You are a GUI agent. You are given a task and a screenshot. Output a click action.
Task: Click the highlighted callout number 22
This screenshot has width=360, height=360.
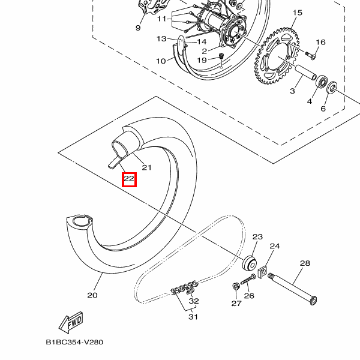coord(129,179)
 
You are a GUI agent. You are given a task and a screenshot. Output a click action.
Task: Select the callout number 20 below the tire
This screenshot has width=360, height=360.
coord(92,295)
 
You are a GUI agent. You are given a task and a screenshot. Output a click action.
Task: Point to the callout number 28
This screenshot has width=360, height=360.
coord(305,263)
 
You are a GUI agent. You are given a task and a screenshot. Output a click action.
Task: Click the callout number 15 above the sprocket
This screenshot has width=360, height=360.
coord(298,13)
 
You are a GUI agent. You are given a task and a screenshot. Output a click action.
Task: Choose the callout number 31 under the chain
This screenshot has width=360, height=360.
coord(193,317)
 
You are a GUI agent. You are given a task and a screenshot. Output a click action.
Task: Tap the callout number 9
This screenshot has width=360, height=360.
coord(137,28)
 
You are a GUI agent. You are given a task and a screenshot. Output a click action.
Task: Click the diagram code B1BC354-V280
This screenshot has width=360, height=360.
coord(75,343)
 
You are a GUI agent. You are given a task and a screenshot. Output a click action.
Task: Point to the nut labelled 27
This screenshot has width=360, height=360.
coord(235,285)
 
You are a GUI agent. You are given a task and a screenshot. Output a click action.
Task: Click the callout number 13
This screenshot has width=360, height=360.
coord(161,39)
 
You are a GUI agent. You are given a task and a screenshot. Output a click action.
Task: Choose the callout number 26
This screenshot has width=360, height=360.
coord(249,295)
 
